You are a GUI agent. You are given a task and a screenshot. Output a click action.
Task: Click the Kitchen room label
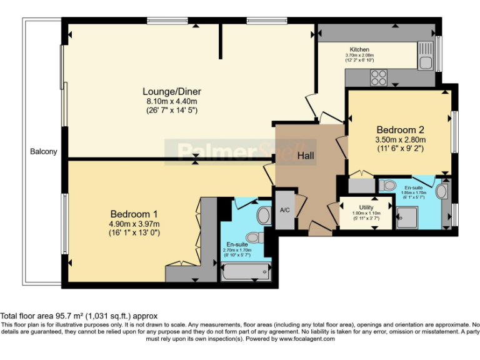click(359, 49)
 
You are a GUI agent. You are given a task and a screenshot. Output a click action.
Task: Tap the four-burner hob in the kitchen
click(379, 77)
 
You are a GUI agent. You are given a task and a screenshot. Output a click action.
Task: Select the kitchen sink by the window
click(427, 56)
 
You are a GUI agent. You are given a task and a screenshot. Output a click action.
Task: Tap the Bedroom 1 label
click(134, 212)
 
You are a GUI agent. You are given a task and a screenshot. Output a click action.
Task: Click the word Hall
click(306, 156)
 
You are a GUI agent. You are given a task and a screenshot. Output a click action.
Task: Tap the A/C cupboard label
click(284, 209)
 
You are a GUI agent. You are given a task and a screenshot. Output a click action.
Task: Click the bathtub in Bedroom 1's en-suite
click(246, 272)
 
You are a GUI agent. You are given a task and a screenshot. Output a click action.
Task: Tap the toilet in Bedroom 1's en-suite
click(254, 237)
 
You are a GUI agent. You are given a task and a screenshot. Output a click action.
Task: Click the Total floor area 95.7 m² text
click(79, 316)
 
